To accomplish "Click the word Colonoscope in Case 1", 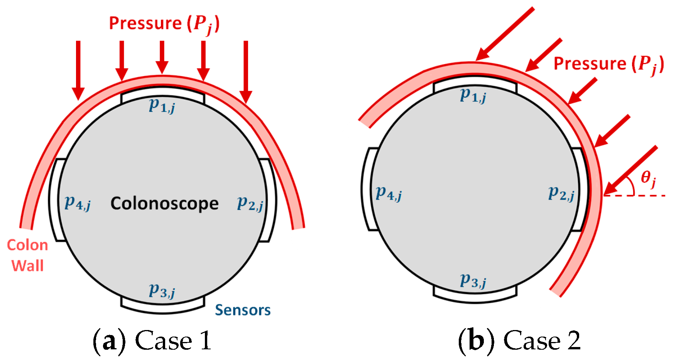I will [x=164, y=203].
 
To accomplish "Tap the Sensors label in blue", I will [x=243, y=310].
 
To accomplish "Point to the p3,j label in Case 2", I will [x=473, y=281].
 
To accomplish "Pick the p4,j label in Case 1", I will [x=78, y=202].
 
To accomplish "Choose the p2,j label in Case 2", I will [x=561, y=193].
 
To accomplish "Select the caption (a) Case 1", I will [x=152, y=341].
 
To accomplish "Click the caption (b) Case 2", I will [x=519, y=341].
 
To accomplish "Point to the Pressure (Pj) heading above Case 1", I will [x=164, y=24].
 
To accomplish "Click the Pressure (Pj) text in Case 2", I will [x=608, y=64].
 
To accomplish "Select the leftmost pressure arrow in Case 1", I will [x=78, y=69].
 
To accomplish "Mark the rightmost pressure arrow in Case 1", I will [x=246, y=71].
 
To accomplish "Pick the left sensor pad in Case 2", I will [x=368, y=189].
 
